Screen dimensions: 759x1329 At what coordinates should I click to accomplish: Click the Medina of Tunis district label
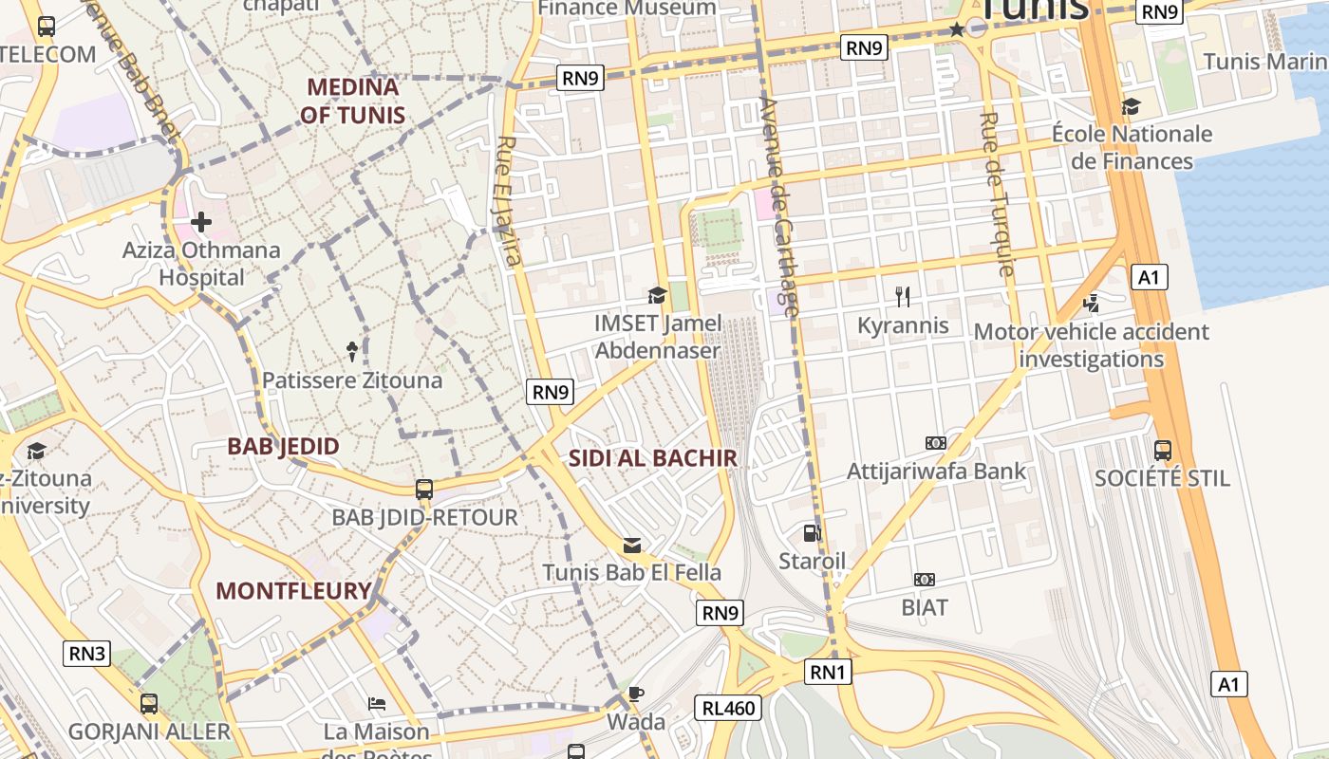352,102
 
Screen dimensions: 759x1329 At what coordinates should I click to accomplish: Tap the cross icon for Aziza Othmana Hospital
201,223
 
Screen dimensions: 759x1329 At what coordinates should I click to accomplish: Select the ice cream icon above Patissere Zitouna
353,352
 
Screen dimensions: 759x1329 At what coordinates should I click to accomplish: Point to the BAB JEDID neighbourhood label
283,446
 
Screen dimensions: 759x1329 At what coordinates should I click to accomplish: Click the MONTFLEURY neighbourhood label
293,591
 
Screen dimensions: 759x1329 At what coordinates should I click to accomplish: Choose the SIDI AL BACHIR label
652,458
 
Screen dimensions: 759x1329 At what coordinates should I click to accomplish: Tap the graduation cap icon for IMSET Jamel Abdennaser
657,296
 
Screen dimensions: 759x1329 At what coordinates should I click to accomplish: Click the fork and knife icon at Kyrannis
903,297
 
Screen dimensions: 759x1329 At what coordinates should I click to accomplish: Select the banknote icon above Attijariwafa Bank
936,443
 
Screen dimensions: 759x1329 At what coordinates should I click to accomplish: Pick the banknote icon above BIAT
925,579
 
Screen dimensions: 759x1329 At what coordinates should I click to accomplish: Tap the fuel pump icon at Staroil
812,533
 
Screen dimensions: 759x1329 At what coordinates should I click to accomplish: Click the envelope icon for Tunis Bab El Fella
632,546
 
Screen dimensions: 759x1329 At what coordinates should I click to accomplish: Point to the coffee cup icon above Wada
636,694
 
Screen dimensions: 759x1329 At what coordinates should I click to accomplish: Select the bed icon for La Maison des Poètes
377,704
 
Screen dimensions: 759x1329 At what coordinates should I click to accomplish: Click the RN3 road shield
87,653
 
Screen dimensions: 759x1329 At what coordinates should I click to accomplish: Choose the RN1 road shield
829,673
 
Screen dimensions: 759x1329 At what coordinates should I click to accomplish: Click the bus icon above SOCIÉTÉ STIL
1163,450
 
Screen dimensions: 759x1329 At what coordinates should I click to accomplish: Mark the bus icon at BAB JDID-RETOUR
424,490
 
